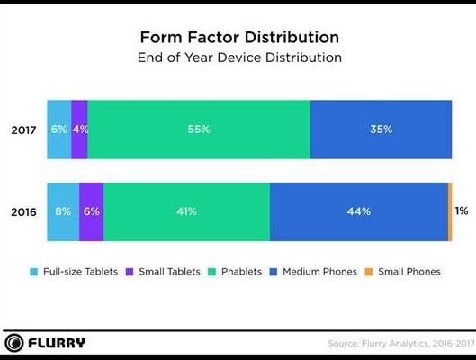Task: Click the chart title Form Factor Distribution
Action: (239, 37)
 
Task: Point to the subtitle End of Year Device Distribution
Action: (239, 58)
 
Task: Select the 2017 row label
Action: (23, 130)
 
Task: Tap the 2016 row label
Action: (23, 211)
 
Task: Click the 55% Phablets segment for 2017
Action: (199, 130)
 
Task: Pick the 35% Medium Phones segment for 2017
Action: (381, 130)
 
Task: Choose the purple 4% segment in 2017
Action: (79, 130)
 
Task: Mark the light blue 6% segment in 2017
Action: (59, 130)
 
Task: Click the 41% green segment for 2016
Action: (186, 211)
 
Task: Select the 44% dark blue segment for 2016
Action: (359, 211)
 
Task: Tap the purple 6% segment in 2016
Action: (92, 211)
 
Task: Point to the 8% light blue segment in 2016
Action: (63, 211)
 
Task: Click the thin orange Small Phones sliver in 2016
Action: (450, 211)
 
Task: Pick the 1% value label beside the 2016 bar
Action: (462, 211)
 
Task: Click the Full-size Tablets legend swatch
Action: (34, 272)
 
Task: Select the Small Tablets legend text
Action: (169, 272)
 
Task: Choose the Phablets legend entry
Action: (235, 272)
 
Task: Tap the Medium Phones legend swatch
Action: (274, 272)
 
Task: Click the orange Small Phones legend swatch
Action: (369, 272)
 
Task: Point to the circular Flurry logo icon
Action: (14, 343)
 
